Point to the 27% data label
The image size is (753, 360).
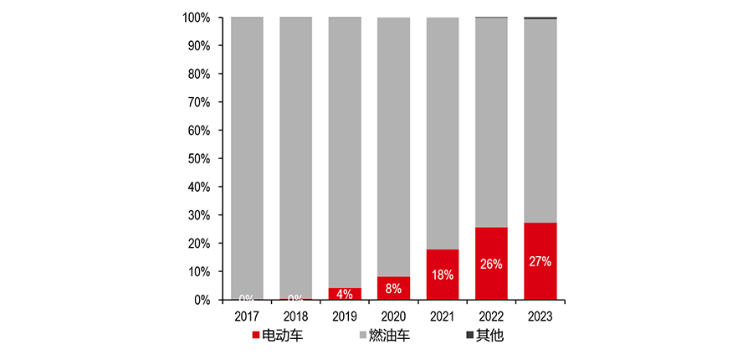[x=540, y=262]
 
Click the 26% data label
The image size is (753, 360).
[x=491, y=265]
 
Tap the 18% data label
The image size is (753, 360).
[x=443, y=275]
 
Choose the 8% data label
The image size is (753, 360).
[x=393, y=289]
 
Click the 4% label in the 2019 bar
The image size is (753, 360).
[x=345, y=294]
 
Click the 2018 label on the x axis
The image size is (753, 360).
[x=295, y=316]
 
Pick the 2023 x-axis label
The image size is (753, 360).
[x=540, y=316]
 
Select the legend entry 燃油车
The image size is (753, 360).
[x=385, y=337]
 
